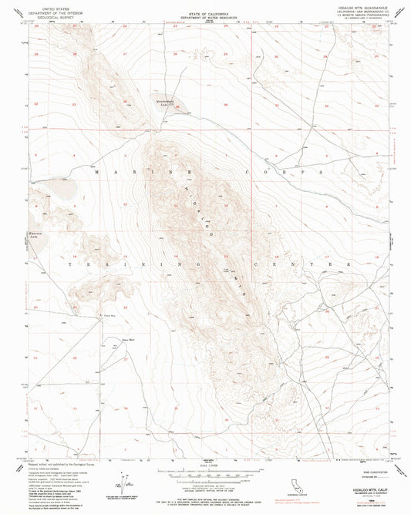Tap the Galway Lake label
(163, 101)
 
